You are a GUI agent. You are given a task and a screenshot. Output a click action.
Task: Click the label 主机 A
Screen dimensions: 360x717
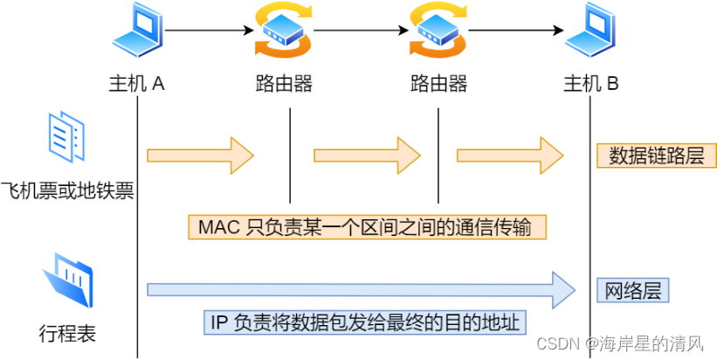click(137, 84)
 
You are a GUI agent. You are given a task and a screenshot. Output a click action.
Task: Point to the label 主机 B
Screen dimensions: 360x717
click(591, 84)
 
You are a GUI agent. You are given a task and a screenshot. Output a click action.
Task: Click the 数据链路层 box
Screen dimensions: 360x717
click(656, 156)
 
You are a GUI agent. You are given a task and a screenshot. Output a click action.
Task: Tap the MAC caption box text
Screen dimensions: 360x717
click(371, 227)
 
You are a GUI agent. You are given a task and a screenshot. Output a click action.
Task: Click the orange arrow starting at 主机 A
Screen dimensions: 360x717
click(200, 156)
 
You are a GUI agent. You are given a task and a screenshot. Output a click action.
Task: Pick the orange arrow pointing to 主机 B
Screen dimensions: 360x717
click(510, 156)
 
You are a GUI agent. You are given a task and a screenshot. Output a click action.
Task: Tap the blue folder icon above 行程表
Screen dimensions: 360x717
click(68, 279)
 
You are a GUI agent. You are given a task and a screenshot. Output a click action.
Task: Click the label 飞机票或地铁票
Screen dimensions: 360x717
click(67, 190)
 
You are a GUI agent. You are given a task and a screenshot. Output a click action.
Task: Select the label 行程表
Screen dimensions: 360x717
click(67, 332)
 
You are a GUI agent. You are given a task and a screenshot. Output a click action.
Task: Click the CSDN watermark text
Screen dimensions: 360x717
click(623, 343)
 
